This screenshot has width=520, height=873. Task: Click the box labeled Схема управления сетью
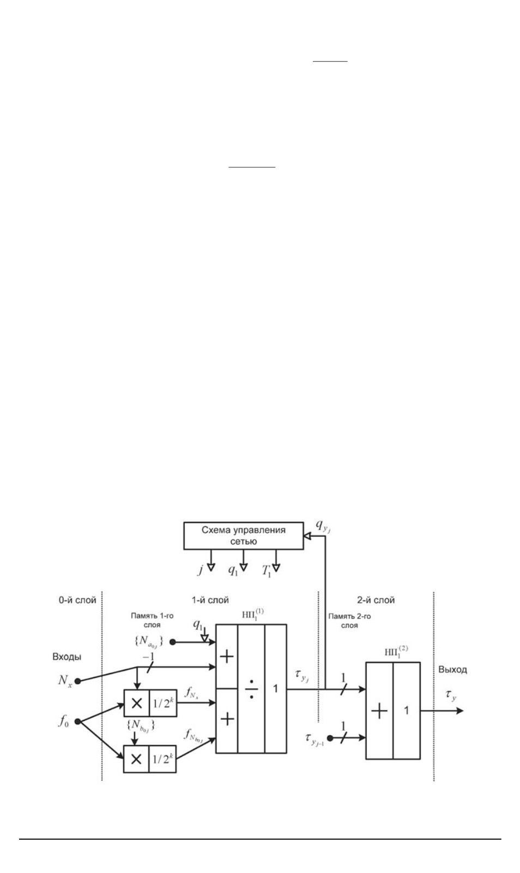pyautogui.click(x=243, y=536)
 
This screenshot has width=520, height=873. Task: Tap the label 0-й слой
pyautogui.click(x=77, y=600)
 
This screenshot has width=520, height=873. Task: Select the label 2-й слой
pyautogui.click(x=376, y=600)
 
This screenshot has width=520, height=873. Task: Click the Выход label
pyautogui.click(x=452, y=670)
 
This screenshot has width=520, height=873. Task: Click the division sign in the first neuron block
pyautogui.click(x=251, y=689)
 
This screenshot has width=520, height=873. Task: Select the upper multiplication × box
pyautogui.click(x=136, y=703)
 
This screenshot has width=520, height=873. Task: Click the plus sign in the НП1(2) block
pyautogui.click(x=379, y=711)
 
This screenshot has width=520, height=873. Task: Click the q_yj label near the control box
pyautogui.click(x=323, y=526)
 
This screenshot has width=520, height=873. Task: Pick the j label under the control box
pyautogui.click(x=200, y=570)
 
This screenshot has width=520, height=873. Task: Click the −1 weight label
pyautogui.click(x=148, y=657)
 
